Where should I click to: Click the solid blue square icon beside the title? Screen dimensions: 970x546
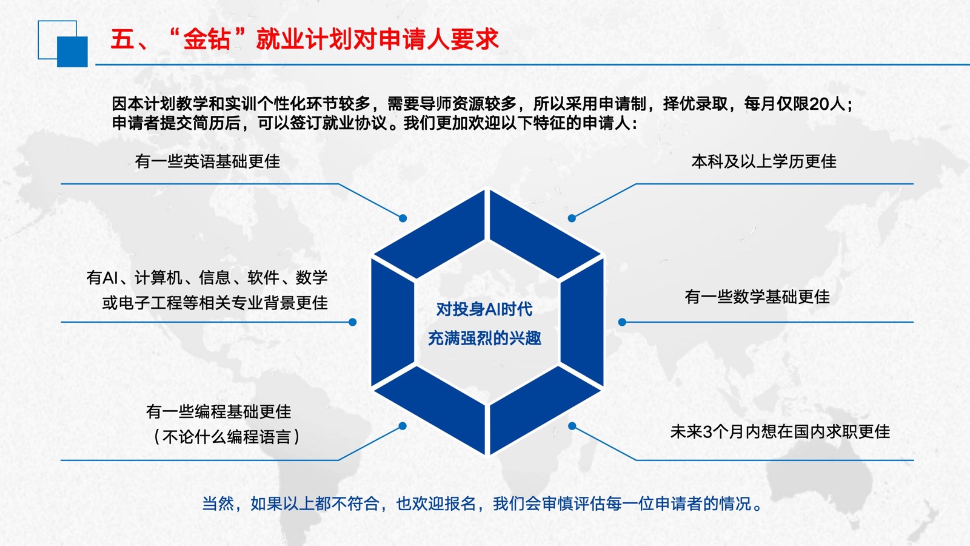point(72,52)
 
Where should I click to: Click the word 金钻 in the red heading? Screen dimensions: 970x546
point(207,39)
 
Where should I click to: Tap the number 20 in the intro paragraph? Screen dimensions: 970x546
point(818,104)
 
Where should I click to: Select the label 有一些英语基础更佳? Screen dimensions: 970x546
point(207,161)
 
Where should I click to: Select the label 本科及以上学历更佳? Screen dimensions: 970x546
point(764,161)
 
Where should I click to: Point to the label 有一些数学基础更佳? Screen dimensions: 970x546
point(757,297)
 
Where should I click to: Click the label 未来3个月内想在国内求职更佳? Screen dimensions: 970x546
point(780,431)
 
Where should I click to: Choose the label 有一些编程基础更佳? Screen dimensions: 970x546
point(219,412)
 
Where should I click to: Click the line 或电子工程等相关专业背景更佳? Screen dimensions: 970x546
point(215,303)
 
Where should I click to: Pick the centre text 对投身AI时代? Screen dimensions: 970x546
point(484,309)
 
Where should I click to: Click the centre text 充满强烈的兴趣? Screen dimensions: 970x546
point(484,338)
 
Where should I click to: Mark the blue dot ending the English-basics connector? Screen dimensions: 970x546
point(403,218)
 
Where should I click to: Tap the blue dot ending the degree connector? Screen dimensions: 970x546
point(572,218)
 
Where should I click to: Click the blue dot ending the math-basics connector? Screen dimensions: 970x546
point(622,322)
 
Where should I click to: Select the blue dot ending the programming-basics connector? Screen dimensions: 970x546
point(403,426)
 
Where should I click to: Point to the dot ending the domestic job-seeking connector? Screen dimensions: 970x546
point(572,426)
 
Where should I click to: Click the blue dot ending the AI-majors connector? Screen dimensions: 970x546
point(352,322)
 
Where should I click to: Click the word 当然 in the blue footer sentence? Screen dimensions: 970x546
point(218,504)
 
